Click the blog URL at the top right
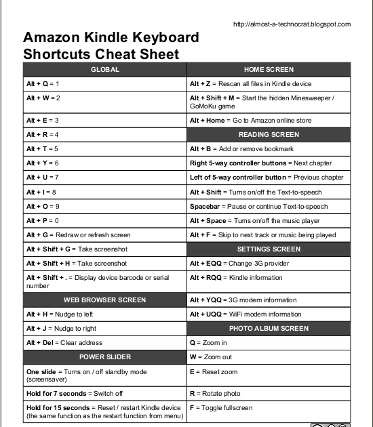[x=292, y=24]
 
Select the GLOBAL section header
[x=105, y=69]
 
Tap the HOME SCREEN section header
[x=269, y=69]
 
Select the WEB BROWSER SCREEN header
[x=105, y=299]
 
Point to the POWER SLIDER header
[x=105, y=357]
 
